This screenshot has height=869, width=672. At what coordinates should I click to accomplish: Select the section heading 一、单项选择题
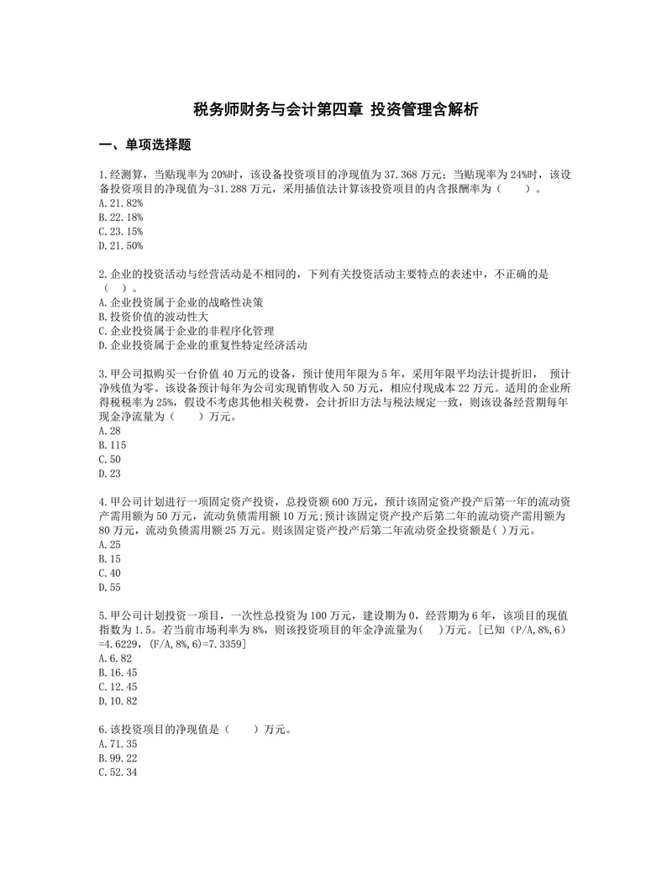coord(145,145)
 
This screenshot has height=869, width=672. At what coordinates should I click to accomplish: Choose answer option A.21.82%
coord(121,203)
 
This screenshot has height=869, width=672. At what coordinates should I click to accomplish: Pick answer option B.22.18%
coord(121,217)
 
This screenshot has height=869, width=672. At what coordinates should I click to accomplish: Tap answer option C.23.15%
coord(121,232)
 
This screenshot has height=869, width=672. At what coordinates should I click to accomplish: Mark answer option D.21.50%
coord(121,246)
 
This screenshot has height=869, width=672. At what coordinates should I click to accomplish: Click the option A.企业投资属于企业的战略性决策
coord(186,302)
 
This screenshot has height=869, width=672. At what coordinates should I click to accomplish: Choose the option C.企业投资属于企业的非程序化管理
coord(192,331)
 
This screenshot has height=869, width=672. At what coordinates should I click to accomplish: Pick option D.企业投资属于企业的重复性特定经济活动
coord(203,345)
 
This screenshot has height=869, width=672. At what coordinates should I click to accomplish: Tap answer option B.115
coord(113,445)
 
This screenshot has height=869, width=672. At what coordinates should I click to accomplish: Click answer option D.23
coord(109,474)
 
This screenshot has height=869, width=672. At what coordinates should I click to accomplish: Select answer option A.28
coord(109,431)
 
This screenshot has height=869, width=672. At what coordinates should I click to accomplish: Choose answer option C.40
coord(109,573)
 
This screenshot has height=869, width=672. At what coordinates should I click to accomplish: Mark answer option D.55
coord(109,587)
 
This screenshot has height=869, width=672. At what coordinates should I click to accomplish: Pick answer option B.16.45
coord(118,673)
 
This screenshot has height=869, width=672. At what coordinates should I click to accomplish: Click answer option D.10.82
coord(118,701)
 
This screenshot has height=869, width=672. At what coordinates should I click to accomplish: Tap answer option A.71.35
coord(118,744)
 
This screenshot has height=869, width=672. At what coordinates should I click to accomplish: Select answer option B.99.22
coord(118,758)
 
